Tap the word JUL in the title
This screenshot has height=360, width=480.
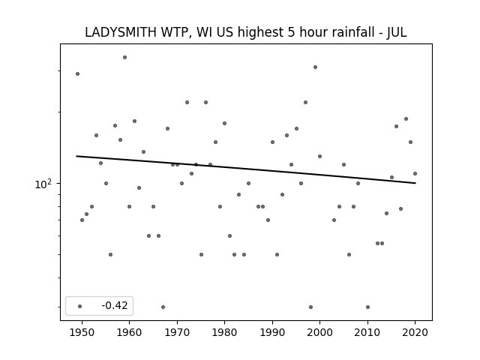click(x=397, y=32)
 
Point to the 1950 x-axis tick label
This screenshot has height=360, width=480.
click(x=82, y=332)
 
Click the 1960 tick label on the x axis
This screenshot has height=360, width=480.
click(x=129, y=332)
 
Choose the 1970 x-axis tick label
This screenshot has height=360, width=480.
click(x=177, y=332)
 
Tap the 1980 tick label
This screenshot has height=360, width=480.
click(x=224, y=332)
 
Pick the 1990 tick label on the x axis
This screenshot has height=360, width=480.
click(x=272, y=332)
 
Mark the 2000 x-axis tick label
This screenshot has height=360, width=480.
click(x=319, y=332)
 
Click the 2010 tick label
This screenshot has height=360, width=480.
click(x=367, y=332)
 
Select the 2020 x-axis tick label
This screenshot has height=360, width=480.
click(x=415, y=332)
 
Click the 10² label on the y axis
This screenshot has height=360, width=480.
click(x=43, y=184)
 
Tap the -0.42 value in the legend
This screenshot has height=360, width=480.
click(x=115, y=305)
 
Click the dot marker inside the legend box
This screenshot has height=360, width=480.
click(x=80, y=306)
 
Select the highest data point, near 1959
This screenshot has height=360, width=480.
click(x=125, y=57)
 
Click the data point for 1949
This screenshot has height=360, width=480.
click(x=77, y=73)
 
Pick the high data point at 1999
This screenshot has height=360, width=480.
click(x=315, y=67)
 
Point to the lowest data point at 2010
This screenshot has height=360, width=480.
click(x=367, y=307)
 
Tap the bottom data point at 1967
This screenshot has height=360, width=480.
click(x=163, y=307)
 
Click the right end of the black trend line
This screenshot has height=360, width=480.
click(x=415, y=183)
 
